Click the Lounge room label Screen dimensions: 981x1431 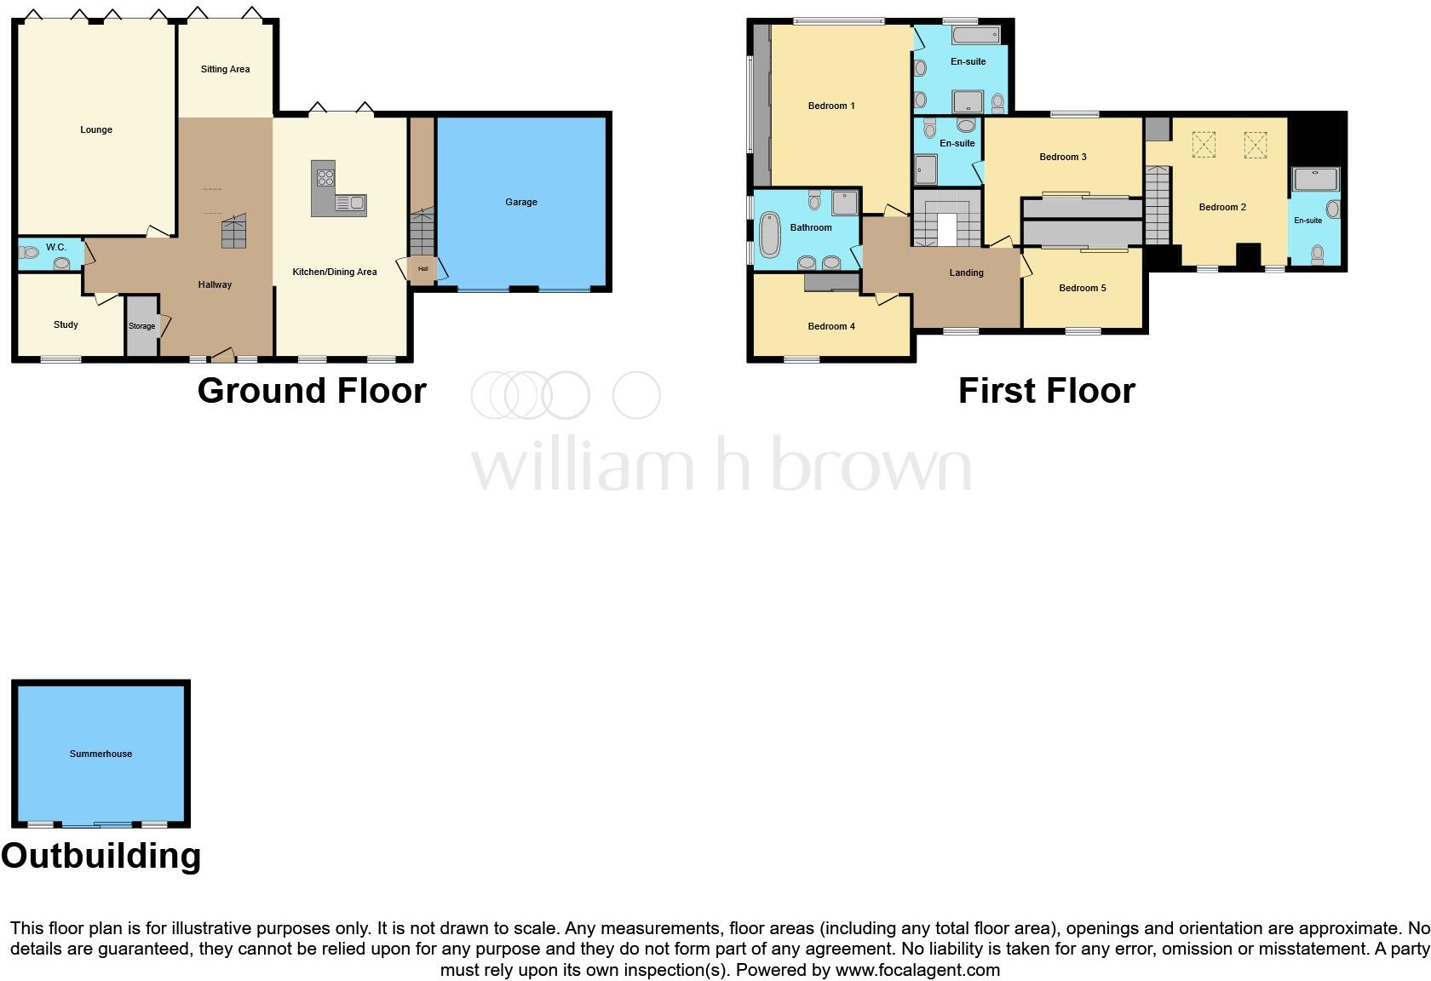coord(96,130)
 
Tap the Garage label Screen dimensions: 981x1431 coord(520,203)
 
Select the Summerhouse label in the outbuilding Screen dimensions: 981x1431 coord(101,754)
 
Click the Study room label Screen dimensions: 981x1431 coord(66,324)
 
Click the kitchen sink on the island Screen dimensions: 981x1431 coord(351,203)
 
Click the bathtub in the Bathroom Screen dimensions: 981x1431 coord(769,234)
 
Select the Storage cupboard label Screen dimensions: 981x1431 coord(142,326)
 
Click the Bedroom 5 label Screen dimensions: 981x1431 coord(1083,289)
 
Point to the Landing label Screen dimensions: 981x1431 coord(966,273)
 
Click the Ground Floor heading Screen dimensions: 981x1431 coord(312,391)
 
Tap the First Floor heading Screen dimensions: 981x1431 coord(1046,391)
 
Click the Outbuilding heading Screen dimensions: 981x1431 coord(101,856)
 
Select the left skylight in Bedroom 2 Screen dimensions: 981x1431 coord(1204,145)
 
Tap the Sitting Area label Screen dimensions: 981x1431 coord(225,70)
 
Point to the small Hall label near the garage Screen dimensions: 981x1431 coord(422,269)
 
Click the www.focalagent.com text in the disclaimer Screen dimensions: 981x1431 coord(917,970)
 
